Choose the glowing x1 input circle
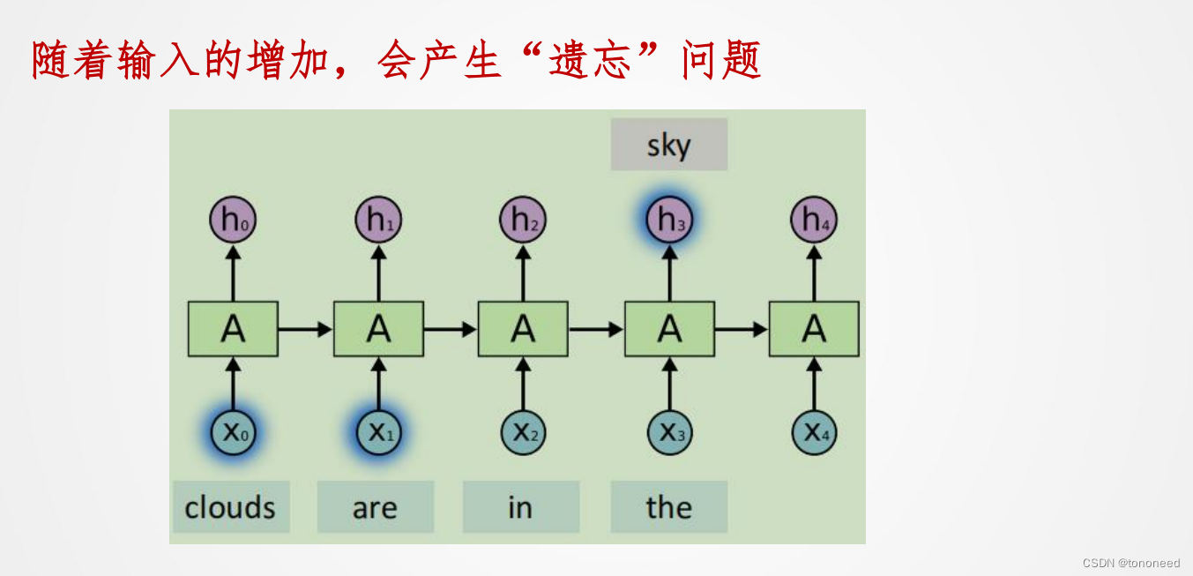[378, 433]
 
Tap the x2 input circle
[523, 433]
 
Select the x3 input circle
[669, 433]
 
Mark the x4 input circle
[814, 433]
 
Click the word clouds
[230, 507]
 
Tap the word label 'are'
[375, 507]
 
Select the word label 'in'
[520, 507]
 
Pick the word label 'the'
[668, 507]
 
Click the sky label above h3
[668, 145]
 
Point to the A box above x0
[233, 329]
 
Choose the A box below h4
[814, 329]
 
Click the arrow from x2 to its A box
[523, 385]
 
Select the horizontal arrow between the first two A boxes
[305, 329]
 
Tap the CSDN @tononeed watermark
[1130, 563]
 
